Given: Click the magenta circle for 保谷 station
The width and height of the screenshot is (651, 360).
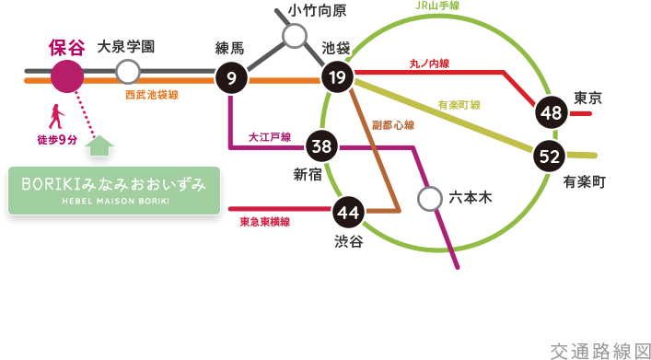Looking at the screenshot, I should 67,76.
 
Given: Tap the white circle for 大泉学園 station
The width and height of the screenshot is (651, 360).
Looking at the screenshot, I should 128,72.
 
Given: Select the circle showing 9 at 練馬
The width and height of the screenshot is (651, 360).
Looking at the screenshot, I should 231,79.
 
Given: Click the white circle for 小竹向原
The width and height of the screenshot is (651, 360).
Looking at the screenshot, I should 295,36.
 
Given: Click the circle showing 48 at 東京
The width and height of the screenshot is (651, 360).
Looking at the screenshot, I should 552,113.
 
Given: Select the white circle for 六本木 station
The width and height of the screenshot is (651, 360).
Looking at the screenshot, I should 429,198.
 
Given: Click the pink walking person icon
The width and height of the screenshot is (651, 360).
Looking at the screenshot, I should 56,117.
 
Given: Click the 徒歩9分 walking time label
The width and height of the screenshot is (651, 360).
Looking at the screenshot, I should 56,140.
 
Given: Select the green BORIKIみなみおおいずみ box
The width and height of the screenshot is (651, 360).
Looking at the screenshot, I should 114,191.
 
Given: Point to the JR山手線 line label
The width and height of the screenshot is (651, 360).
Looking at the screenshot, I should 437,6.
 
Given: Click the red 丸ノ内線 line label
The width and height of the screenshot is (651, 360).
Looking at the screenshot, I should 429,64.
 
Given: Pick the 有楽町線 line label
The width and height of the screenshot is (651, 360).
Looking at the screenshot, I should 459,105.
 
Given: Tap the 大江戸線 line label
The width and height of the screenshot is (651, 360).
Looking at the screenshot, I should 270,137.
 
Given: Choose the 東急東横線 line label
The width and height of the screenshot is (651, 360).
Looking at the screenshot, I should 265,222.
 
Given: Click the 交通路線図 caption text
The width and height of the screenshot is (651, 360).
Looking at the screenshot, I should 599,351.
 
